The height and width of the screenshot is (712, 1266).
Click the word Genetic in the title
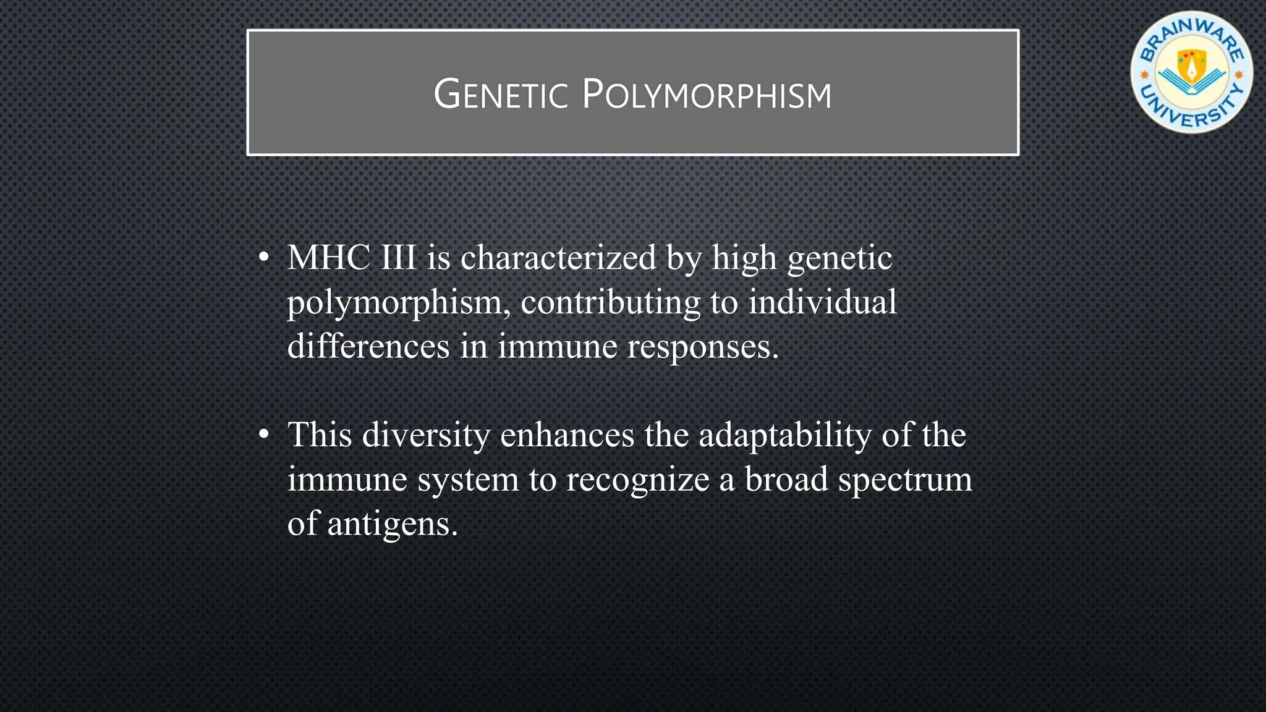coord(500,96)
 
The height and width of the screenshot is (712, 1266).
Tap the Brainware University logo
coord(1191,72)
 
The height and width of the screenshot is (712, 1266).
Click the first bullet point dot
coord(264,258)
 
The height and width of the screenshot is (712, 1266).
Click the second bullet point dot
coord(264,435)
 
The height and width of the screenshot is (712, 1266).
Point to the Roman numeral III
coord(398,258)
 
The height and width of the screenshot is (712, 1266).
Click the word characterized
coord(558,258)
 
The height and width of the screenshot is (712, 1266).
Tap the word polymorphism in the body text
coord(398,303)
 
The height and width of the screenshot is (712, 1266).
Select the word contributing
coord(610,303)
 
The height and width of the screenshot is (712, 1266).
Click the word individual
coord(822,302)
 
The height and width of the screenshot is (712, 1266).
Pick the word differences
coord(368,346)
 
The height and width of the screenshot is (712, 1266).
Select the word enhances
coord(567,435)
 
